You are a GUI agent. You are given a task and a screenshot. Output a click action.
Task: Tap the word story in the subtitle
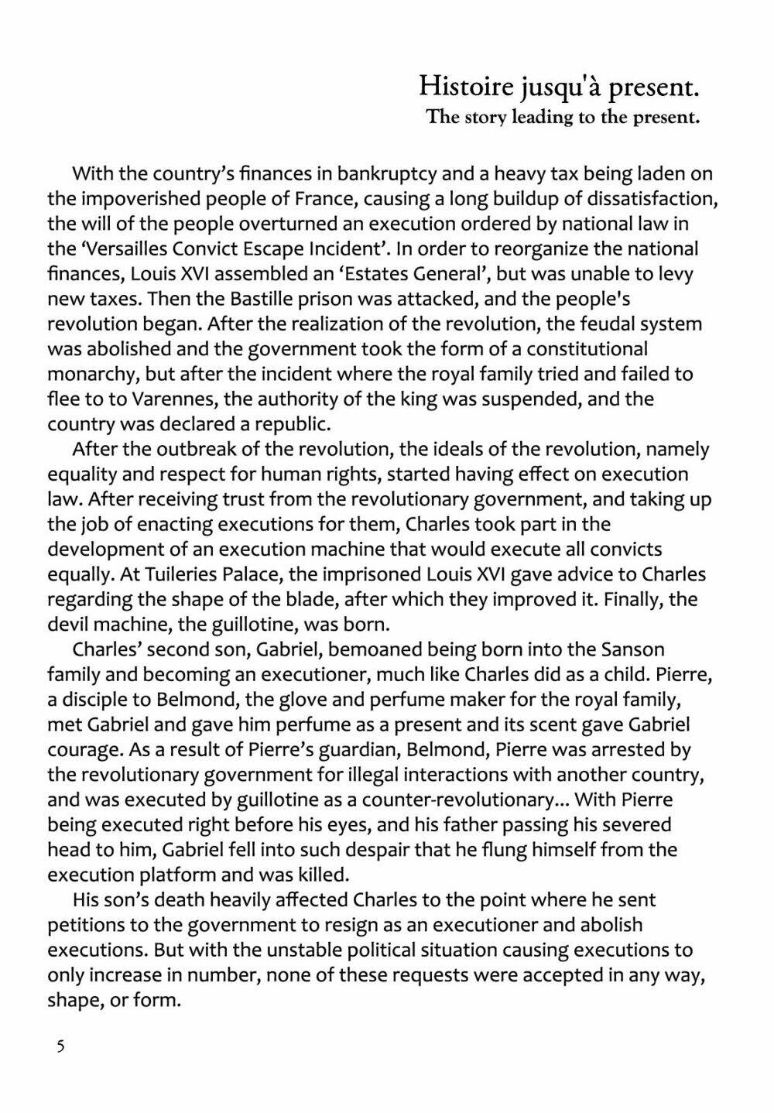tap(485, 118)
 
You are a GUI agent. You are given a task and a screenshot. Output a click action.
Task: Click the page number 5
tap(60, 1047)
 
